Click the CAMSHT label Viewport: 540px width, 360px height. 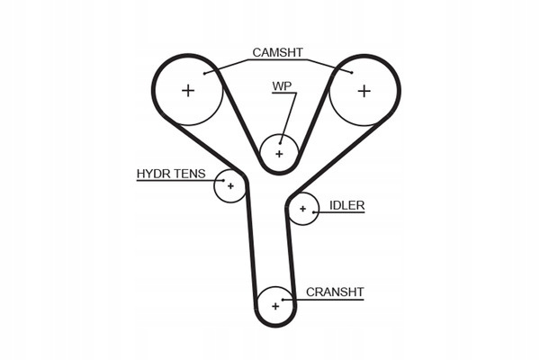(278, 52)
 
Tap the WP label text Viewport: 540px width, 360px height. (283, 87)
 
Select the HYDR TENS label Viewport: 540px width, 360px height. (171, 174)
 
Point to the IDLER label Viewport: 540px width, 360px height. (346, 205)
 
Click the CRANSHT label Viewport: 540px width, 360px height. (335, 292)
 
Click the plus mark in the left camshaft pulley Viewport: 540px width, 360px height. (188, 90)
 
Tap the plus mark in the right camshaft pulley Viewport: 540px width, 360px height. (364, 90)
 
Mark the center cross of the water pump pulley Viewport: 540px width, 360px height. (279, 154)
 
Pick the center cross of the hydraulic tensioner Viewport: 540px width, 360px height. (230, 186)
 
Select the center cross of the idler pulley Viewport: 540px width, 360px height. (303, 210)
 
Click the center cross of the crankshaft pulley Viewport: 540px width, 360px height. (275, 306)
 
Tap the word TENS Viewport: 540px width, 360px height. (190, 174)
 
